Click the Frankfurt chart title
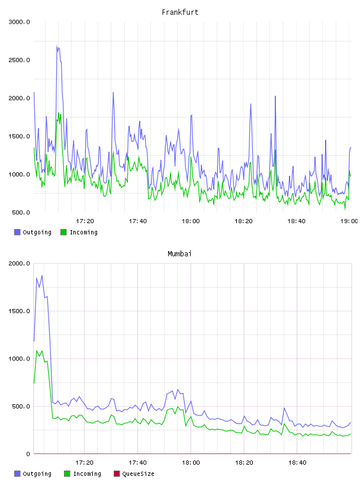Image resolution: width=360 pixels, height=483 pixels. (180, 12)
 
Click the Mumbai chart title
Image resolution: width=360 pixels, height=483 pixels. (179, 253)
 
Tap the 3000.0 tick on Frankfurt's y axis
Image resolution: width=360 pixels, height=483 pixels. (19, 22)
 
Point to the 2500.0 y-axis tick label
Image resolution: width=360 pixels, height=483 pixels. (19, 60)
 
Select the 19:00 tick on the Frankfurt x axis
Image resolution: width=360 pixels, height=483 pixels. (349, 221)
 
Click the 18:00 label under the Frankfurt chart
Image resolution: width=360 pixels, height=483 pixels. (191, 221)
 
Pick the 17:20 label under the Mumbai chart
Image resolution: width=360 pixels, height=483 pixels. (84, 462)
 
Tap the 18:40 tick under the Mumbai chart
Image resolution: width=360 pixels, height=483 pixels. (297, 462)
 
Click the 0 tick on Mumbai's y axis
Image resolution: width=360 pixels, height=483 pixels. (28, 454)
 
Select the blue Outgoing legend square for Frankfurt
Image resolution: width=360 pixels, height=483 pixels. (17, 232)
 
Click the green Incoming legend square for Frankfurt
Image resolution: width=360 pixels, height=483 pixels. (63, 232)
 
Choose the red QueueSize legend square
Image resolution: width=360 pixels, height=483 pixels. (117, 474)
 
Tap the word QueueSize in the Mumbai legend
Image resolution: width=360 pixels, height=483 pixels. (138, 474)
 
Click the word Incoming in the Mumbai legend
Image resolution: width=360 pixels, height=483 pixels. (87, 474)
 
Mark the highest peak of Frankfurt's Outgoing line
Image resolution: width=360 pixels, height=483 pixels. (57, 46)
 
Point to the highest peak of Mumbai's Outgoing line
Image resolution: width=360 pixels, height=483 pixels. (42, 275)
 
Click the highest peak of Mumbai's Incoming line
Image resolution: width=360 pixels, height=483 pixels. (37, 350)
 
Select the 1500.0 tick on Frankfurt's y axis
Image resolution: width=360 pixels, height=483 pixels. (19, 137)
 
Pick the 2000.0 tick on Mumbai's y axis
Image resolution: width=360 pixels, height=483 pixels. (19, 263)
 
